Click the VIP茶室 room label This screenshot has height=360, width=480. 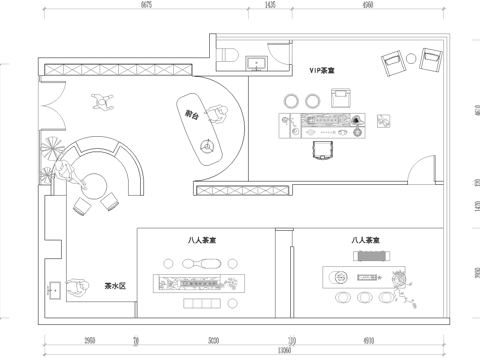point(322,73)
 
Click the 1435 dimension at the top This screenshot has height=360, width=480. point(269,5)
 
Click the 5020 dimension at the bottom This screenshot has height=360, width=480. point(213,340)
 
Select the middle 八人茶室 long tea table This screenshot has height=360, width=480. point(197,282)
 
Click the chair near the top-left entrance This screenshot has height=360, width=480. point(100,100)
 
